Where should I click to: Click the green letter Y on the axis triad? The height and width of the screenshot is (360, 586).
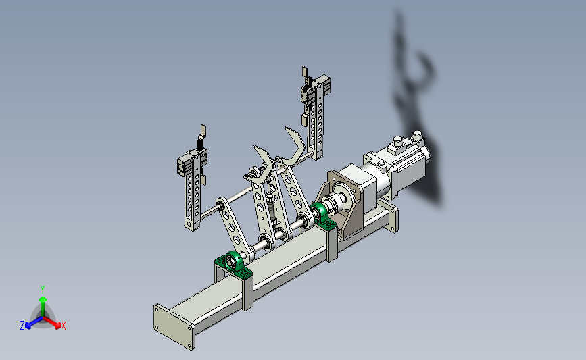click(x=43, y=290)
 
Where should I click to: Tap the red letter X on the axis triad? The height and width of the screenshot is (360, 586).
click(x=63, y=326)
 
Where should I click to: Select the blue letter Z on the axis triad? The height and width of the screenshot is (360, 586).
click(x=22, y=326)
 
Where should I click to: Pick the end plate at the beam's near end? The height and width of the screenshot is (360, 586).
click(x=174, y=327)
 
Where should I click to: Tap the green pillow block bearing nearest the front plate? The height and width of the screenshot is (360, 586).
click(x=235, y=263)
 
